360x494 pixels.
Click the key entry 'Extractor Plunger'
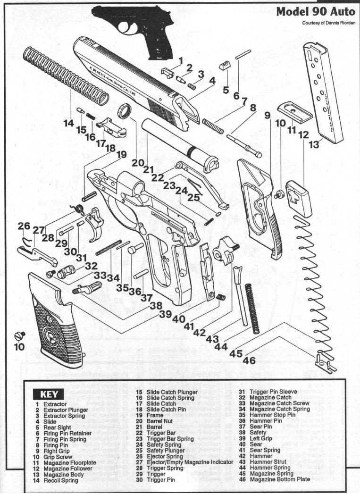pos(65,410)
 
